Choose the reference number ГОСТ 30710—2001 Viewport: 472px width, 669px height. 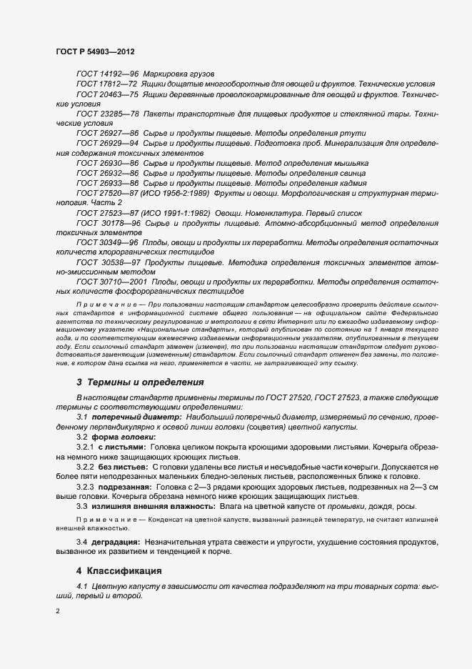coord(111,282)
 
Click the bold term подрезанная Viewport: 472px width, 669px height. coord(128,486)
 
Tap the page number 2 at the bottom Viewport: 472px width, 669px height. coord(58,612)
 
